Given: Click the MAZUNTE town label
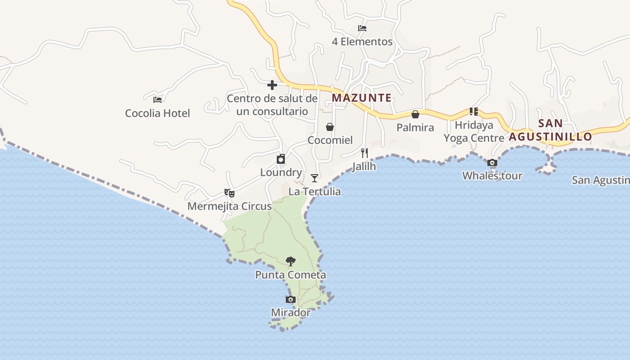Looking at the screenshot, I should [361, 98].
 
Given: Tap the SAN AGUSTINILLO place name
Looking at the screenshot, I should [550, 130].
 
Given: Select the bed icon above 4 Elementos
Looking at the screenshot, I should [362, 28].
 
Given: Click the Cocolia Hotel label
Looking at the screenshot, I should [157, 113].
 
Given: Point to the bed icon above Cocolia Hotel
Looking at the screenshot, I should [157, 99].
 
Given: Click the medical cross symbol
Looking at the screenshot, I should [272, 85].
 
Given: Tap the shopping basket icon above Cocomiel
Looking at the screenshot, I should [330, 127].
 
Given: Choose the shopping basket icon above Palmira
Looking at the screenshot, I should [415, 114].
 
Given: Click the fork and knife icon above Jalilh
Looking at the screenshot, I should [364, 153].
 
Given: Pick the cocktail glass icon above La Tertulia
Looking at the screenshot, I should [315, 178].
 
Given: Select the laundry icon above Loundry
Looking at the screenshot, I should [281, 159].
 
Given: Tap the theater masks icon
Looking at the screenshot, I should [229, 193].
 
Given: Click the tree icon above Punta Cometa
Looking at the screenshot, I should [291, 261].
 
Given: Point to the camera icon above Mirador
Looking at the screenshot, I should [291, 300].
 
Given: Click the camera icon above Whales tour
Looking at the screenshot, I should [492, 163].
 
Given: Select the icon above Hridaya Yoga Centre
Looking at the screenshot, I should [473, 112].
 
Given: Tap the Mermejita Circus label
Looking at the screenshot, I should [229, 206].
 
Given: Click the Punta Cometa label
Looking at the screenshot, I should [291, 274].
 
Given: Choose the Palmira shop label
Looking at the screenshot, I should [415, 127].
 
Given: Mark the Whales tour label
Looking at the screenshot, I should [492, 175].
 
